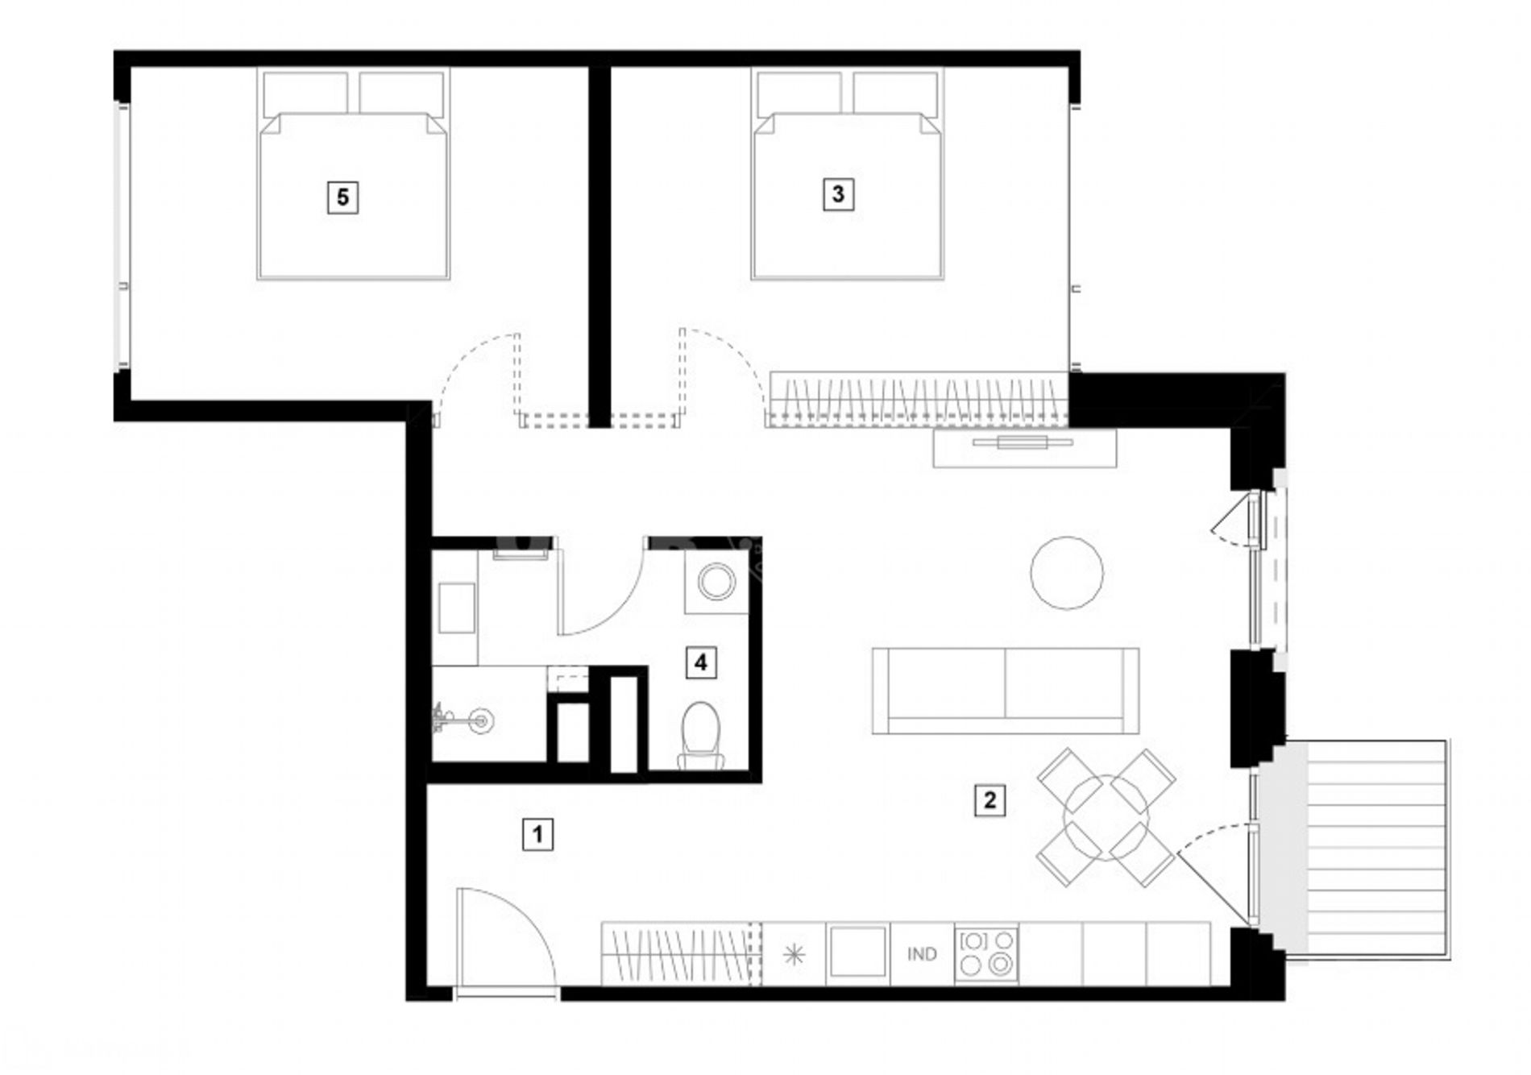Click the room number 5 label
coord(342,197)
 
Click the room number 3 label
coord(838,194)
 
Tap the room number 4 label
coord(700,662)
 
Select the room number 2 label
coord(990,800)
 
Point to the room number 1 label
coord(538,834)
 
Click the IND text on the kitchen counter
coord(922,955)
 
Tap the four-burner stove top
coord(986,953)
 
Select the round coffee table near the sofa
coord(1067,573)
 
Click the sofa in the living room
coord(1006,691)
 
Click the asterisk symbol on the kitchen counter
coord(795,955)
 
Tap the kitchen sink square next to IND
coord(857,953)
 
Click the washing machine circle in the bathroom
coord(716,581)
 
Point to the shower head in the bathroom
coord(482,722)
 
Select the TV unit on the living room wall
coord(1025,448)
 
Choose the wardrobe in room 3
coord(919,399)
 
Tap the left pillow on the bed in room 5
coord(305,92)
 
